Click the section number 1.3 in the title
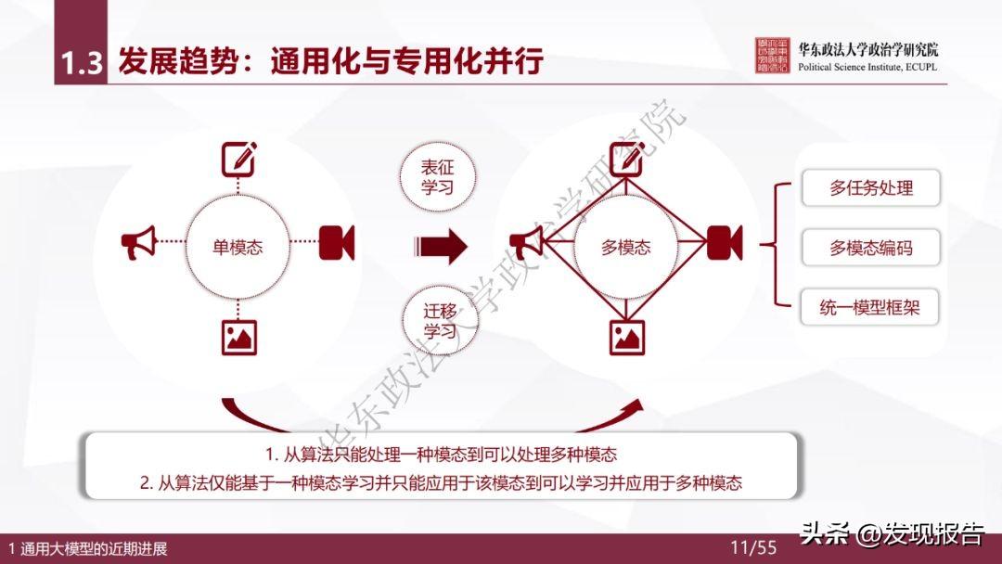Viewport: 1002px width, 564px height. tap(81, 62)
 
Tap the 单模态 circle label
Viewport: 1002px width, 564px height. tap(238, 247)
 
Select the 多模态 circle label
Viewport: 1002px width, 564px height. tap(626, 247)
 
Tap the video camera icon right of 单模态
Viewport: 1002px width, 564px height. tap(336, 243)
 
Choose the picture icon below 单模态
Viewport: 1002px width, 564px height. tap(238, 336)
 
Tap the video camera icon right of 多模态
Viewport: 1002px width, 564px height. tap(724, 243)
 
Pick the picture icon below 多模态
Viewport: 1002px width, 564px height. tap(626, 336)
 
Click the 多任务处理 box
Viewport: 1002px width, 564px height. tap(870, 187)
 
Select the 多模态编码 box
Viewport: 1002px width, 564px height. tap(870, 248)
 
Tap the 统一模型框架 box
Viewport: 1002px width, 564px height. tap(870, 307)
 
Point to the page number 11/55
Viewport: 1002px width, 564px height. tap(752, 547)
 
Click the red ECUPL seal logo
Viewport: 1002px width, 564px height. tap(776, 57)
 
